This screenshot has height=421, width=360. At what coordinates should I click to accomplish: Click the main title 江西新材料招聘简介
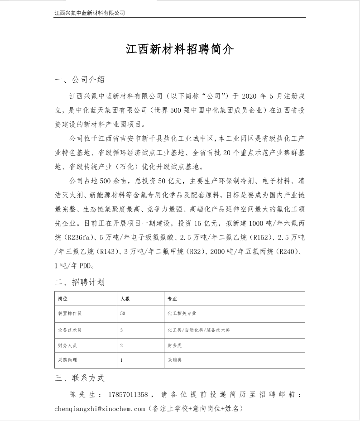(180, 49)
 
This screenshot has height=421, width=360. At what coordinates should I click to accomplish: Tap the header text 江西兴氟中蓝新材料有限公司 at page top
(89, 13)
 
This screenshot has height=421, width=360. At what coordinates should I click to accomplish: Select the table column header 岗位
(63, 299)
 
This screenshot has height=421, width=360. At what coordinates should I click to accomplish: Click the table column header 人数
(125, 299)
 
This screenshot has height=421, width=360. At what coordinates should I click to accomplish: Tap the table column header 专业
(172, 299)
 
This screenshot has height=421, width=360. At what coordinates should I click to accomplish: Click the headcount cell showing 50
(123, 313)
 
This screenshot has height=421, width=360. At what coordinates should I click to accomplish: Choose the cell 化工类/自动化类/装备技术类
(198, 330)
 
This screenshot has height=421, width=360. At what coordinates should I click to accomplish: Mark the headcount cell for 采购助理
(122, 361)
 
